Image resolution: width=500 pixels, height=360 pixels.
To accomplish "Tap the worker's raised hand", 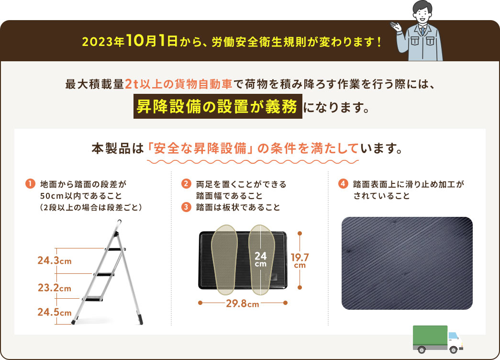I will pos(396,25).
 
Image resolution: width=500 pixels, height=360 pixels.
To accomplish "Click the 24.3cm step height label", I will pos(54,261).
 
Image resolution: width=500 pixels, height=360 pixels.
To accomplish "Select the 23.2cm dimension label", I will pos(54,288).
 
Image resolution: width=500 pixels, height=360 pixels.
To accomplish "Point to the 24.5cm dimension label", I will pos(54,313).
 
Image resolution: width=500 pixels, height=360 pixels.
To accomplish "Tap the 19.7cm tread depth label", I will pos(300,260).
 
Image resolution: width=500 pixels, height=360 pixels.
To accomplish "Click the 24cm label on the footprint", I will pos(260,259).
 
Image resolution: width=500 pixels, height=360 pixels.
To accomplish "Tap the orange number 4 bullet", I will pos(343,183).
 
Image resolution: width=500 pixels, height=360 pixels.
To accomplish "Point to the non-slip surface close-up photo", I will pos(407,263).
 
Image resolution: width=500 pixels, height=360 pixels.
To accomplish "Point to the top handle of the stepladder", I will pos(118,224).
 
